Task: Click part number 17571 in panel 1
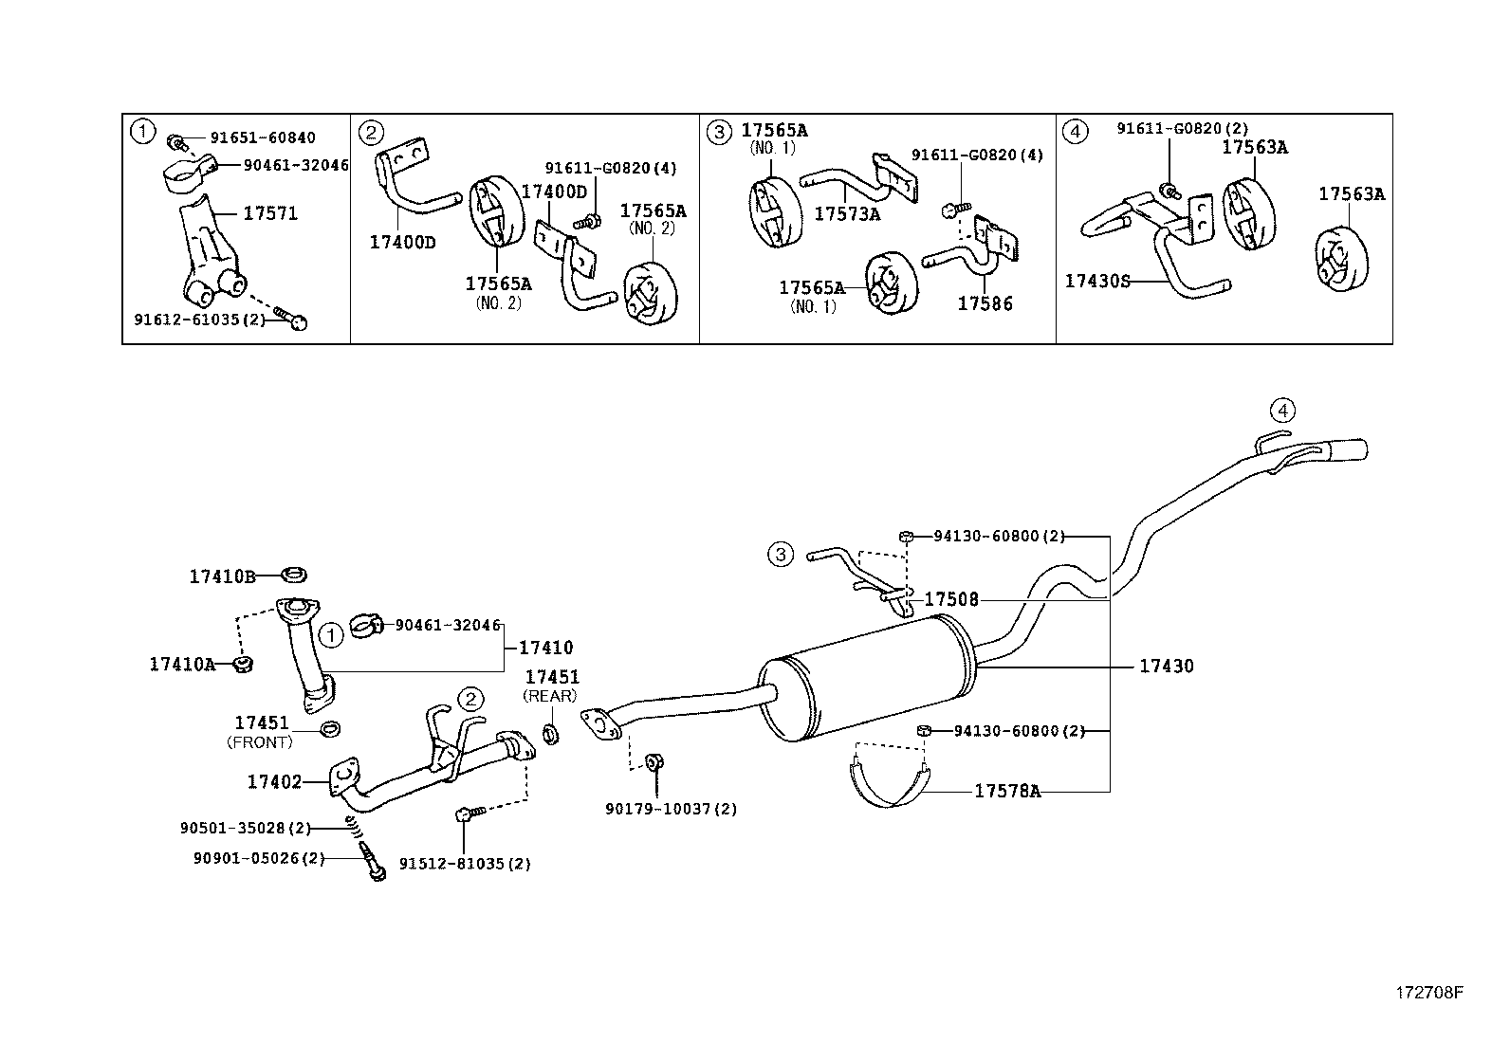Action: (x=270, y=213)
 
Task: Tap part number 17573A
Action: (x=847, y=214)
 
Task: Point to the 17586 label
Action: (x=985, y=303)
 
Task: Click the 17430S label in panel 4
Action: (x=1097, y=281)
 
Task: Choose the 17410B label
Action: (x=222, y=576)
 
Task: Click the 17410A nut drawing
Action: (x=243, y=664)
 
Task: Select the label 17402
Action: (x=274, y=781)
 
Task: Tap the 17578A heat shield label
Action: (x=1006, y=791)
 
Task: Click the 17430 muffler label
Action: (x=1166, y=667)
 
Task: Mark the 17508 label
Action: (x=950, y=599)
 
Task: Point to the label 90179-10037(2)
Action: (x=671, y=809)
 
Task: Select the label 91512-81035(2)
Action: (x=464, y=864)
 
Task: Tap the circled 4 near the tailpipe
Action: (x=1282, y=411)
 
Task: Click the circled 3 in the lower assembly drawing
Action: (x=780, y=554)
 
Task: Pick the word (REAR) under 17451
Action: (x=549, y=696)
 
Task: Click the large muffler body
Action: (x=868, y=673)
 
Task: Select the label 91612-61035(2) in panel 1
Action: (x=199, y=320)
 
